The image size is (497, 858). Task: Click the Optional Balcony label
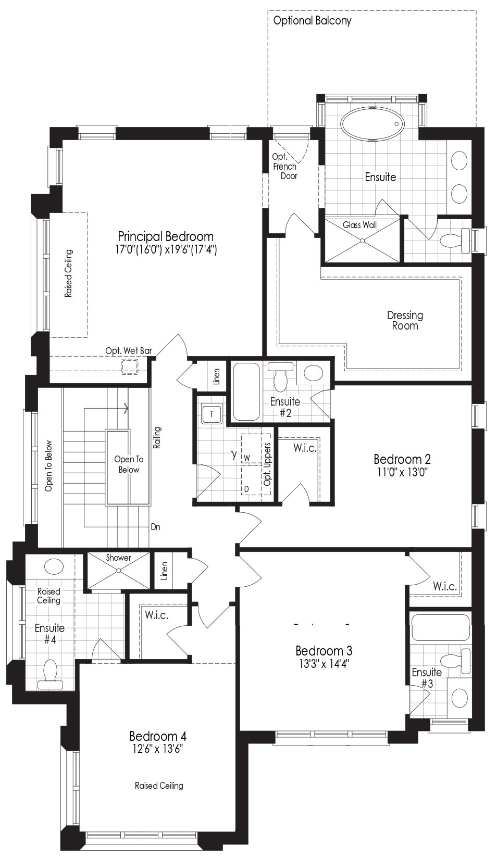pos(312,21)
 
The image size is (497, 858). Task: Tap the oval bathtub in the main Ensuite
pos(373,124)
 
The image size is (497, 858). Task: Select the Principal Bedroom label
pos(166,236)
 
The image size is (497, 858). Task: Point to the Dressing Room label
pos(405,321)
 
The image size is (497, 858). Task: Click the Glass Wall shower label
pos(359,225)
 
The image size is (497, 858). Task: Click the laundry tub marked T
pos(212,414)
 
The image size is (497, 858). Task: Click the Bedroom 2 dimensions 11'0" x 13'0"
pos(402,472)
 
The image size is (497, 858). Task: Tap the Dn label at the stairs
pos(155,527)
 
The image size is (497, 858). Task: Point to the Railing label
pos(157,437)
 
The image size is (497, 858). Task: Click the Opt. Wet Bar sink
pos(130,367)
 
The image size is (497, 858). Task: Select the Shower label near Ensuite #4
pos(118,558)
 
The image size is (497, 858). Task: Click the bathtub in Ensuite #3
pos(440,628)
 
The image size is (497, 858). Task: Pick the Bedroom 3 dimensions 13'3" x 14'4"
pos(324,664)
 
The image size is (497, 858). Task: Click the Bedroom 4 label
pos(158,736)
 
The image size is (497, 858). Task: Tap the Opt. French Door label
pos(285,167)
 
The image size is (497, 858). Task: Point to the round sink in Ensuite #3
pos(459,698)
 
